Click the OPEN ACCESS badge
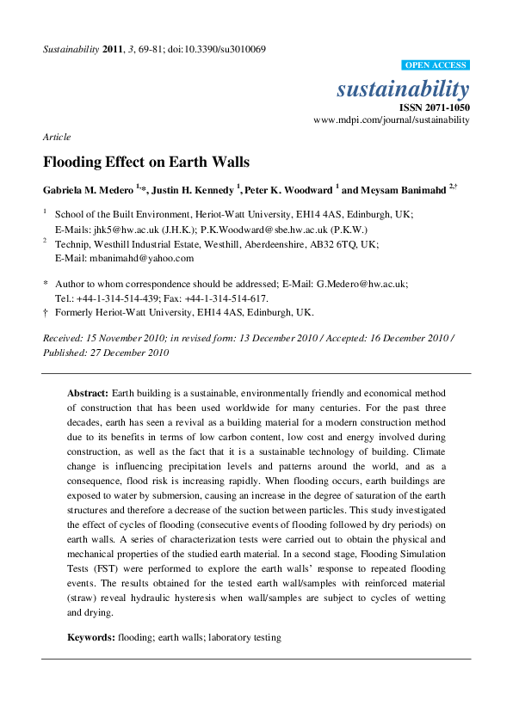click(x=436, y=65)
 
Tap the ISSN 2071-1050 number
click(x=435, y=107)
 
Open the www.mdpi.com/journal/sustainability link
click(x=392, y=120)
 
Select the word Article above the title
click(x=57, y=137)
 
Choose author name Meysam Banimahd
click(x=404, y=189)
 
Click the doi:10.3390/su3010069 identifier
click(x=216, y=49)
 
